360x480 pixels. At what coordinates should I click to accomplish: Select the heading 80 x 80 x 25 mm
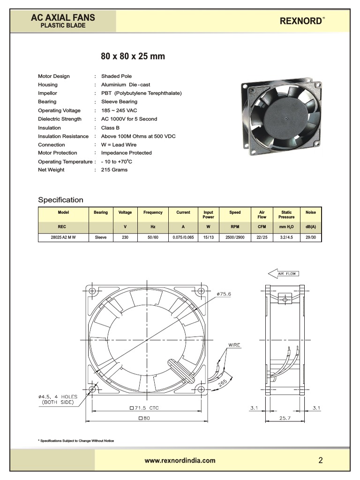[x=133, y=56]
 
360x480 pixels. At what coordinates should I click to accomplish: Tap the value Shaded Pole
[x=116, y=76]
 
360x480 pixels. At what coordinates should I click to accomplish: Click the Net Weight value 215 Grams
[x=114, y=170]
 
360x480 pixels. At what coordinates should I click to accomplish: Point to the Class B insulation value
[x=110, y=127]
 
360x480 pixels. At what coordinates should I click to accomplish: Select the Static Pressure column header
[x=286, y=215]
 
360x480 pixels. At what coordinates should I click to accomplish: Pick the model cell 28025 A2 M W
[x=63, y=238]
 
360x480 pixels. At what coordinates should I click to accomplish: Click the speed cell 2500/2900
[x=235, y=238]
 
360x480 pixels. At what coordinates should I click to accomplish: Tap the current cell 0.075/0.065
[x=183, y=238]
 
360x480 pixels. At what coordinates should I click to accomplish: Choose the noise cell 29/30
[x=310, y=238]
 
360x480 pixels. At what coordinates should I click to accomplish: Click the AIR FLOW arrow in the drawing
[x=283, y=273]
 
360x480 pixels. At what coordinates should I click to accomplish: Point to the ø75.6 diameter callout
[x=224, y=294]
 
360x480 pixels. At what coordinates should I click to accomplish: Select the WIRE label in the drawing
[x=234, y=345]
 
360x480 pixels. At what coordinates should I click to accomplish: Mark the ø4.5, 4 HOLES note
[x=58, y=399]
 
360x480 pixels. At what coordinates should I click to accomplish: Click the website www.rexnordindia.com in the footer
[x=180, y=460]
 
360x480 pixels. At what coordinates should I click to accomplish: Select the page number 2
[x=321, y=460]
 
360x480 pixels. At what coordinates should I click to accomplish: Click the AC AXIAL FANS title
[x=63, y=18]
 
